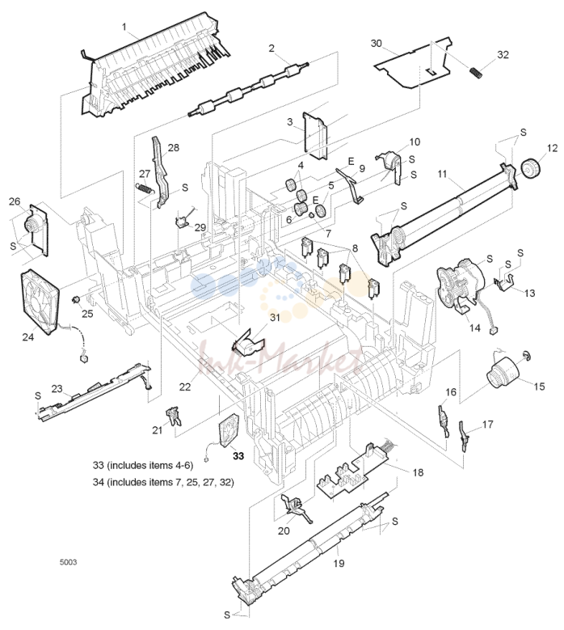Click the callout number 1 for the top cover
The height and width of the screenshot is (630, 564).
click(x=124, y=27)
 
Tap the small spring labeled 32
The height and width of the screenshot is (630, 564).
click(x=476, y=74)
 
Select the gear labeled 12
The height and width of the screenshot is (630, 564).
click(x=531, y=168)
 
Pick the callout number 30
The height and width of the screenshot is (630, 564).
click(x=376, y=43)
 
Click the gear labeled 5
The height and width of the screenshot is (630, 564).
click(x=320, y=210)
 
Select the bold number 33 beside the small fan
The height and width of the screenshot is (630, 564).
click(x=238, y=456)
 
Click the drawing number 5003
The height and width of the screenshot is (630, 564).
click(x=68, y=562)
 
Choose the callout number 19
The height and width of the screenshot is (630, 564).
click(x=339, y=564)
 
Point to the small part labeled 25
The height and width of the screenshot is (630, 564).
click(x=74, y=299)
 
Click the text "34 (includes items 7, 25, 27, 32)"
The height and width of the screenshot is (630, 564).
click(x=163, y=482)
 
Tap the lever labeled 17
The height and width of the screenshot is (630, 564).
click(x=465, y=435)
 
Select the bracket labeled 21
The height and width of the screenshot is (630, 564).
click(x=173, y=416)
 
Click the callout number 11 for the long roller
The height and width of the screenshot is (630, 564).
click(x=442, y=174)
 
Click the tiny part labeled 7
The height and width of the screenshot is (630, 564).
click(x=311, y=215)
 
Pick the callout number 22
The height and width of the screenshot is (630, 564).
click(x=185, y=387)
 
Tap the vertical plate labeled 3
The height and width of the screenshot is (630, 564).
click(x=315, y=135)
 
